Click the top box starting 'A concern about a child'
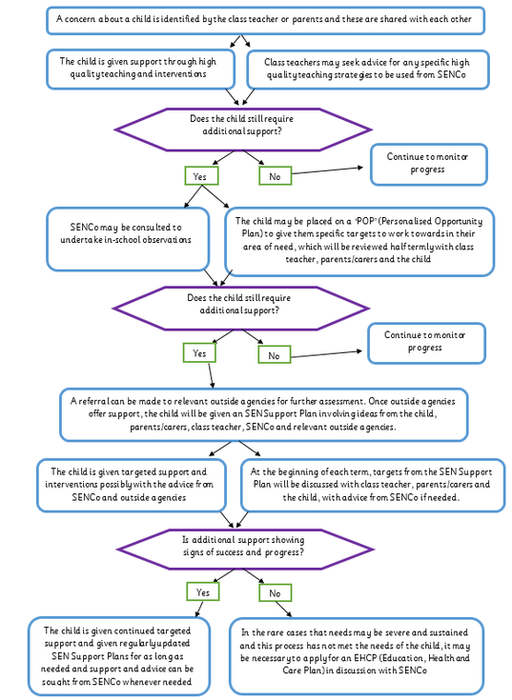265,20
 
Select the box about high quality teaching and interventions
141,69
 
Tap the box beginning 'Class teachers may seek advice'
368,70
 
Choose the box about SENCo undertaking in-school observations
128,239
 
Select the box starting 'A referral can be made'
263,414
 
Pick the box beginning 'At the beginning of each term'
373,485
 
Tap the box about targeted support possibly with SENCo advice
132,485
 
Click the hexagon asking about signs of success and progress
244,550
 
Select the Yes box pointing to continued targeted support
203,592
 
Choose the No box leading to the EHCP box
275,592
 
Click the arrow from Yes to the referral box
211,375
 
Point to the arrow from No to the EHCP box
284,610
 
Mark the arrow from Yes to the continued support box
199,609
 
